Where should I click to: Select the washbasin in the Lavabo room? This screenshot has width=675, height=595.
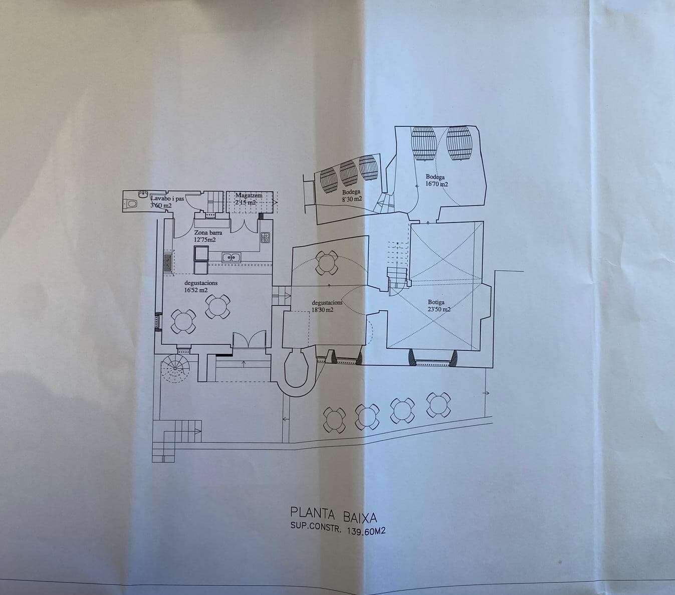pyautogui.click(x=143, y=193)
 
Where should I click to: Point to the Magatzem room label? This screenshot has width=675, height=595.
pyautogui.click(x=249, y=195)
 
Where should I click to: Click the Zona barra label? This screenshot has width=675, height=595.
pyautogui.click(x=208, y=233)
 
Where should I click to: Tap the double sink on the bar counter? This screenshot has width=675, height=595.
pyautogui.click(x=232, y=257)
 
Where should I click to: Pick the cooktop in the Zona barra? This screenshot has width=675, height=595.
pyautogui.click(x=265, y=237)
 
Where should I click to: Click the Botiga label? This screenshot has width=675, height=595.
pyautogui.click(x=436, y=302)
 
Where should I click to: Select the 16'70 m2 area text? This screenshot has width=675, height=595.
pyautogui.click(x=436, y=183)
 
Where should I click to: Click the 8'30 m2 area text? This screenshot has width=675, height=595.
pyautogui.click(x=352, y=199)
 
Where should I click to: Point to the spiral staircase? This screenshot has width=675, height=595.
pyautogui.click(x=175, y=368)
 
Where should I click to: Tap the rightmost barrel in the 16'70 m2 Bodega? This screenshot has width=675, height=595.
pyautogui.click(x=459, y=143)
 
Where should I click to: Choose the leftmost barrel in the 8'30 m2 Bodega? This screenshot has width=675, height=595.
pyautogui.click(x=329, y=180)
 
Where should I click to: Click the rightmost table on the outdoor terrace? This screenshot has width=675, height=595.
pyautogui.click(x=439, y=405)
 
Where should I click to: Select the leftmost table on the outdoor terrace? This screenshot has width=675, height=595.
pyautogui.click(x=334, y=420)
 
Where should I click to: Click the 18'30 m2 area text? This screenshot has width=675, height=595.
pyautogui.click(x=322, y=310)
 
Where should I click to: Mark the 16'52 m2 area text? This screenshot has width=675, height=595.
pyautogui.click(x=196, y=290)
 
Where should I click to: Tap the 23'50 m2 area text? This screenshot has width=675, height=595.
pyautogui.click(x=439, y=309)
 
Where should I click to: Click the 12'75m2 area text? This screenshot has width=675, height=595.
pyautogui.click(x=205, y=240)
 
